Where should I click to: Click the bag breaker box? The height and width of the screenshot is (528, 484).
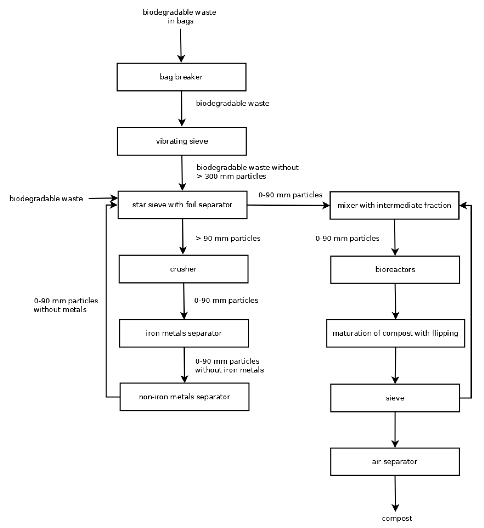181,77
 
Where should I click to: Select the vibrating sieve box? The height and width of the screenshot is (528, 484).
182,141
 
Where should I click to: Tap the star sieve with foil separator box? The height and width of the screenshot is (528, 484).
182,205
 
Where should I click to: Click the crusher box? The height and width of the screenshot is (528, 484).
183,269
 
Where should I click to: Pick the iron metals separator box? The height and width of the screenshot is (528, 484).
184,333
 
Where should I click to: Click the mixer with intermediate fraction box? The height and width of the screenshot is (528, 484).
394,205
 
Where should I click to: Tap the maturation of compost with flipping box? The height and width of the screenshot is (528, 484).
395,333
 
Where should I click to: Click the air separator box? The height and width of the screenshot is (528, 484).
395,462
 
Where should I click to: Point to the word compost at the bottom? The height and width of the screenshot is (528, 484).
397,518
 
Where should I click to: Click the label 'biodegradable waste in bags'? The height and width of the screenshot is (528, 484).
180,16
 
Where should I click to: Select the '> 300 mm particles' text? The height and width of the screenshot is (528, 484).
232,176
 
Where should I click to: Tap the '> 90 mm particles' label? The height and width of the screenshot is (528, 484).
228,238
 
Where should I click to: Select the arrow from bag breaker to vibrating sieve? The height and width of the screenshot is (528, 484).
182,109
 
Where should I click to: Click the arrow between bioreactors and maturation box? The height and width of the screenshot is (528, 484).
395,301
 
